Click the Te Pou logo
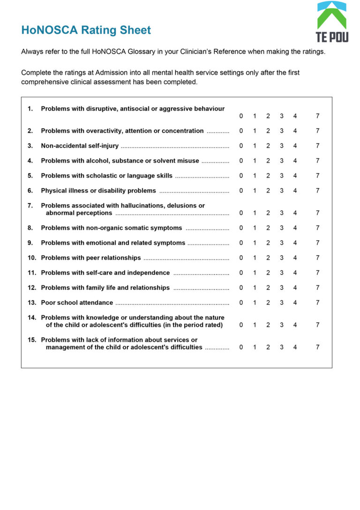point(332,22)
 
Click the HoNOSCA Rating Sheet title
point(86,30)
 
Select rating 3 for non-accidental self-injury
point(281,146)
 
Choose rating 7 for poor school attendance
point(317,302)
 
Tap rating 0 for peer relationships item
point(241,258)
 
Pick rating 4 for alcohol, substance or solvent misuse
point(295,161)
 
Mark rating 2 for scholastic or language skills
point(268,176)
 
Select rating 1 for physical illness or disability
point(255,191)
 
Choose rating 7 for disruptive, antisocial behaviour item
point(317,116)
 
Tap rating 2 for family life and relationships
point(268,287)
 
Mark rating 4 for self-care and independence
point(295,273)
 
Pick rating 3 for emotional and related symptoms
point(281,243)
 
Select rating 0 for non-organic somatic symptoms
point(241,228)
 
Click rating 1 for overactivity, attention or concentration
point(255,131)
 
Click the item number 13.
point(31,302)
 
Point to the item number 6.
point(30,191)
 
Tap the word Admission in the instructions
point(112,73)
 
